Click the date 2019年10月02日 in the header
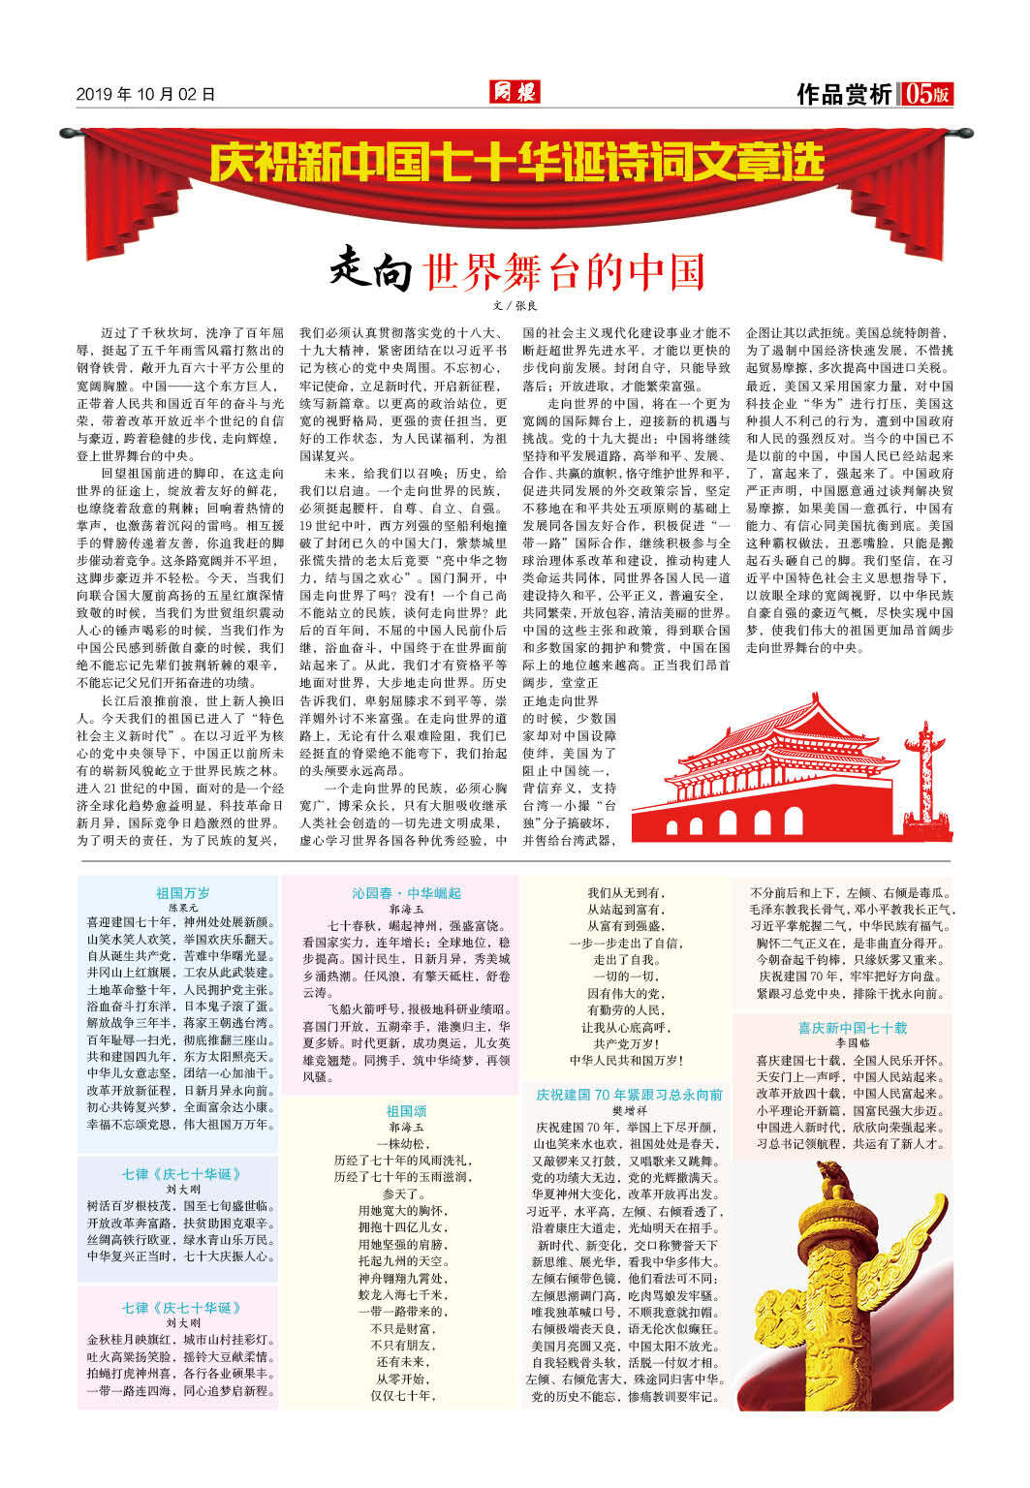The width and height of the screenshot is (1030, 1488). point(145,94)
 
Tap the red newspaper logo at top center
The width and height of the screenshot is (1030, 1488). point(514,92)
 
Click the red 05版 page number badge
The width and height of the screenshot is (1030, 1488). point(926,94)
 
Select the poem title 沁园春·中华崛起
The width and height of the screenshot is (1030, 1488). point(406,892)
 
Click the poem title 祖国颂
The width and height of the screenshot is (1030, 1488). point(406,1110)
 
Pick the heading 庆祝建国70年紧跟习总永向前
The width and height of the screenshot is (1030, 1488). point(629,1094)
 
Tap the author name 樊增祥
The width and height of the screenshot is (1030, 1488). point(629,1110)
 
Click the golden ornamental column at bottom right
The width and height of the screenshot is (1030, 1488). point(853,1288)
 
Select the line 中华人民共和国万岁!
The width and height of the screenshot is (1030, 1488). point(627,1061)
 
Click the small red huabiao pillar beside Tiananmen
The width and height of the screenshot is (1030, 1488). point(933,765)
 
